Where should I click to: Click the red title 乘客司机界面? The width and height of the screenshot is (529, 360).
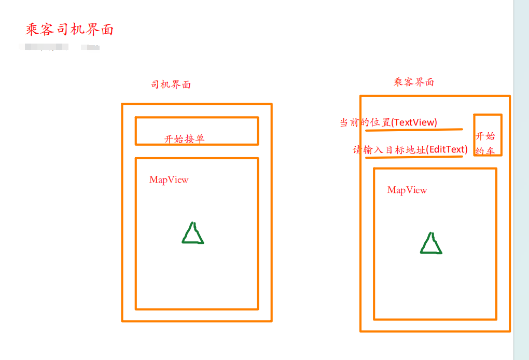pos(69,30)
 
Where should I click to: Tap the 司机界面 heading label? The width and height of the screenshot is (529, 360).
pos(171,85)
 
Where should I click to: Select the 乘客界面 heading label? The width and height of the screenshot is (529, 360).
pos(414,82)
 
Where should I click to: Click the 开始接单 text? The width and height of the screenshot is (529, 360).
pos(185,139)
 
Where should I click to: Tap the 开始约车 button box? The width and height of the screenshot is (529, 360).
pos(488,135)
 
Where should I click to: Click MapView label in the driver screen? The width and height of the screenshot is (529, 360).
pos(169,180)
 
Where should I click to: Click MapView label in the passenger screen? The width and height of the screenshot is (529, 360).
pos(407,190)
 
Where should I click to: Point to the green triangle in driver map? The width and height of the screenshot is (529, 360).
pos(193,234)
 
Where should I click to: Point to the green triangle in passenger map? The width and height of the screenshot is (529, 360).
pos(430,245)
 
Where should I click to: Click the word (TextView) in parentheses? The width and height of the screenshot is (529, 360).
pos(414,122)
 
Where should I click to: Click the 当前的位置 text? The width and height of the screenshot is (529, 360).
pos(365,122)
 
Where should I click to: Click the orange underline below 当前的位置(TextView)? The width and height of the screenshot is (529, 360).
pos(413,130)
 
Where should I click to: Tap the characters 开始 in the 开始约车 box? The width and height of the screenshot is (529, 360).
pos(485,136)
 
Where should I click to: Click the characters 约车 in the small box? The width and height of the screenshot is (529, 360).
pos(485,151)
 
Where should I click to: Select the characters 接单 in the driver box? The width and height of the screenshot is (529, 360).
pos(194,139)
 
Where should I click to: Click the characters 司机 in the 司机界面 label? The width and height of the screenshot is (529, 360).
pos(161,85)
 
